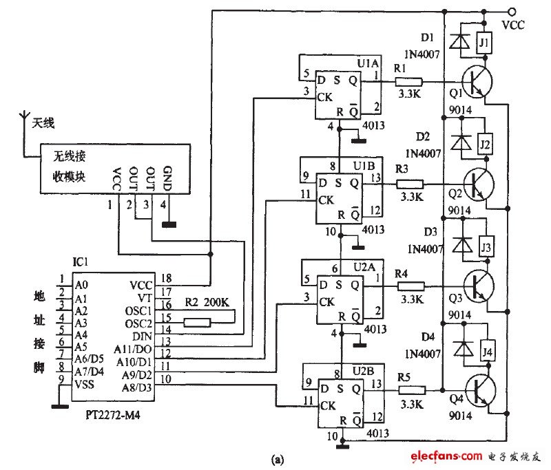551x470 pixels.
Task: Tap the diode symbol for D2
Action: pyautogui.click(x=457, y=143)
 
